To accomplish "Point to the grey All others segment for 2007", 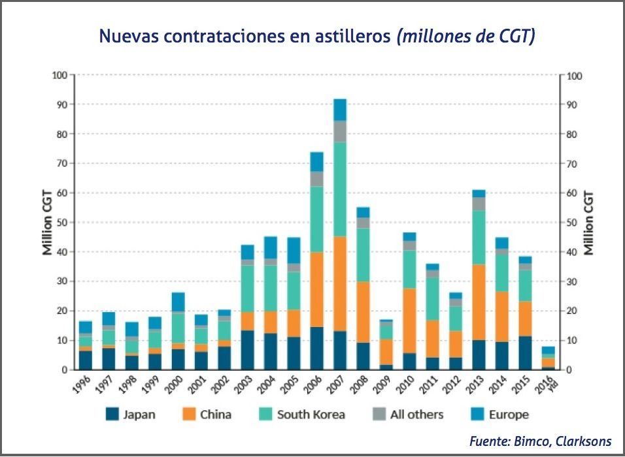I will (x=340, y=131).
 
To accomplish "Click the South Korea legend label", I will (x=311, y=415).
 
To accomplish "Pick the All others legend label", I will (x=416, y=415).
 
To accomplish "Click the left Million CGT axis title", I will (x=47, y=222).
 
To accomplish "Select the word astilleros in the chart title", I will (x=352, y=37).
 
